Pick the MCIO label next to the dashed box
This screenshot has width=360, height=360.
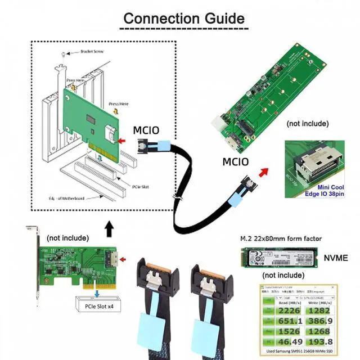click(x=146, y=130)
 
